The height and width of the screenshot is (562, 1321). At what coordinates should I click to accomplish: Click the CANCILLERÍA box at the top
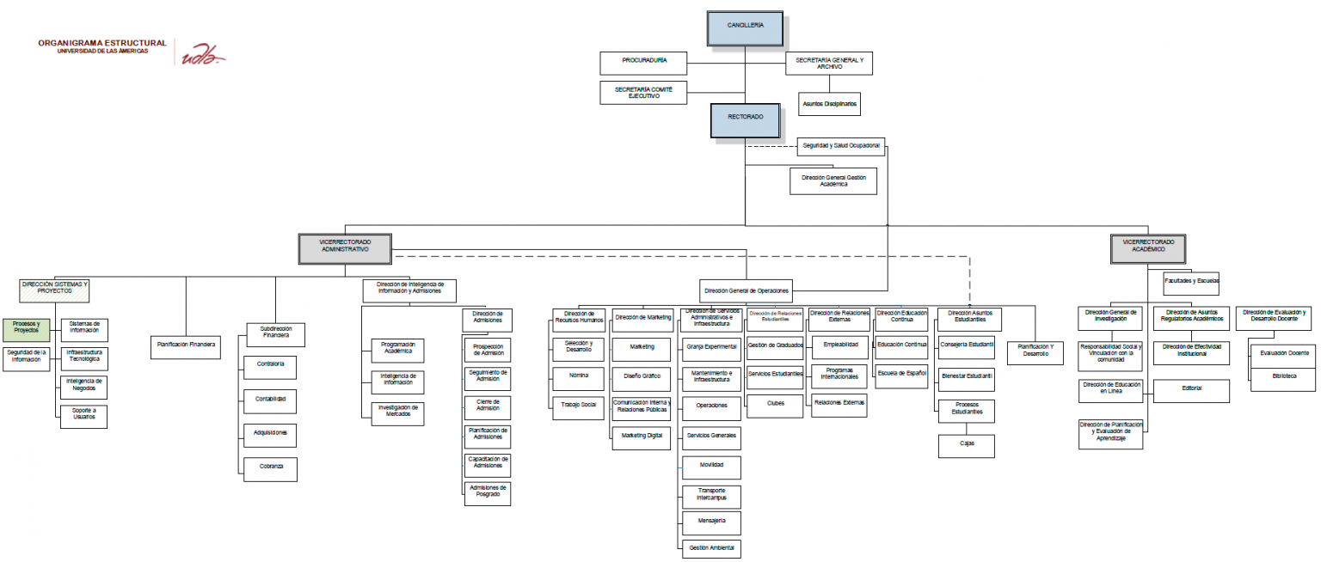745,27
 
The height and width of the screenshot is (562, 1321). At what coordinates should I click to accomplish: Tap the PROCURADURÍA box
644,63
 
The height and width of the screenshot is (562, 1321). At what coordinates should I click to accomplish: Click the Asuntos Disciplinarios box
829,104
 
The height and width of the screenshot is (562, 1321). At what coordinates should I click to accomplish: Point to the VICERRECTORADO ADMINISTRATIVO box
345,247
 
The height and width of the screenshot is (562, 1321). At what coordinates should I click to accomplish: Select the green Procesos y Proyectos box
27,328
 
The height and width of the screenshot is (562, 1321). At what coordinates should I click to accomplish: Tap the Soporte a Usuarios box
83,417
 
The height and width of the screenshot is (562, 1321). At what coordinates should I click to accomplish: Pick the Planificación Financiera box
186,347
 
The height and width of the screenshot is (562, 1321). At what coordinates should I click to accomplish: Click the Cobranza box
271,468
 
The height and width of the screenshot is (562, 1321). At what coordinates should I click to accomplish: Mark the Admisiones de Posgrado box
488,493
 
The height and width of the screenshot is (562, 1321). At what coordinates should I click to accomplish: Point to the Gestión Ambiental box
710,547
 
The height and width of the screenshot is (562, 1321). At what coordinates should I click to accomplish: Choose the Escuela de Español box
901,373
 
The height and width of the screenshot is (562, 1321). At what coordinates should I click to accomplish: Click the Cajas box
967,446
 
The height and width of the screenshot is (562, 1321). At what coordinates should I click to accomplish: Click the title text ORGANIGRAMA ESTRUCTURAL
102,43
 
